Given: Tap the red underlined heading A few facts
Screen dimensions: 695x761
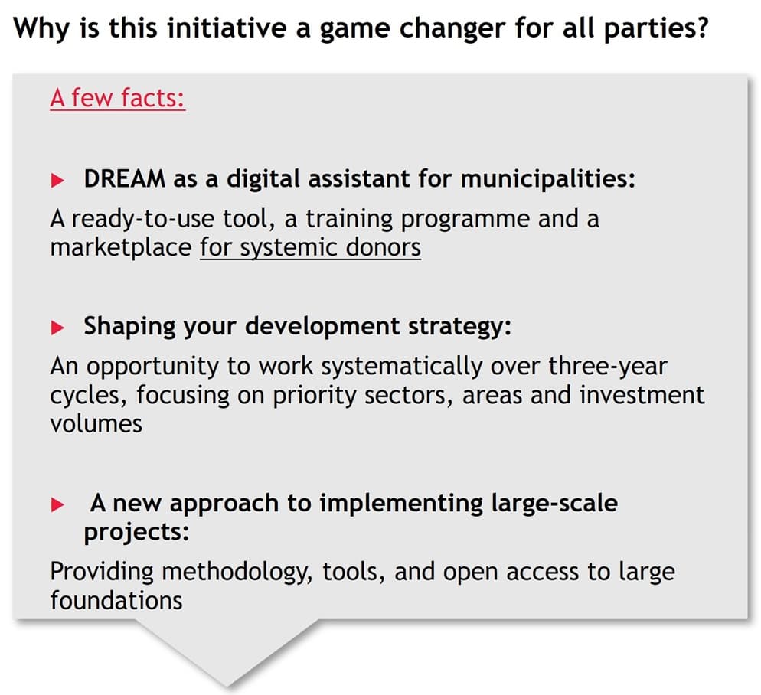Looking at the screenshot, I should (x=117, y=99).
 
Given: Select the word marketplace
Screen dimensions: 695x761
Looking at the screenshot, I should (x=120, y=248).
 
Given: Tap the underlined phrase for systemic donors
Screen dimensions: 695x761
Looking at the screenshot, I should (x=310, y=248).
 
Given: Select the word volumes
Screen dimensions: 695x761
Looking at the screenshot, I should (x=96, y=423).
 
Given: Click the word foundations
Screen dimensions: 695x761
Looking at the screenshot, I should (x=116, y=601).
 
